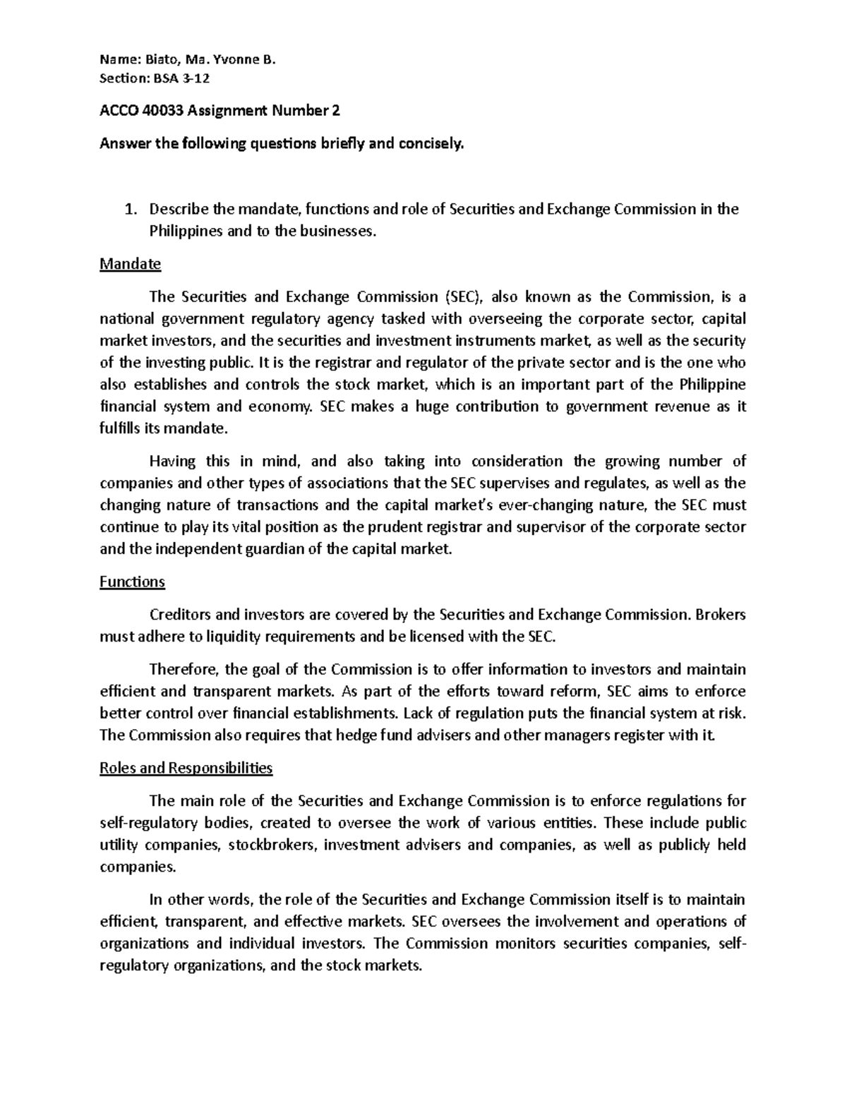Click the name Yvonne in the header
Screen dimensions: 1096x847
tap(242, 60)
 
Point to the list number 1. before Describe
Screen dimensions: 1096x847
tap(129, 209)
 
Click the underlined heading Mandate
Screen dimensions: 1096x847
tap(131, 264)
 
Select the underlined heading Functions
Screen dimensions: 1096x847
tap(132, 582)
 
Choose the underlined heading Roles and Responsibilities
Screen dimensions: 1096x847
tap(186, 768)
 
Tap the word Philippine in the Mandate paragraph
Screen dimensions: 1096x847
tap(711, 385)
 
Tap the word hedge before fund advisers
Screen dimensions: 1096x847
tap(359, 735)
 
